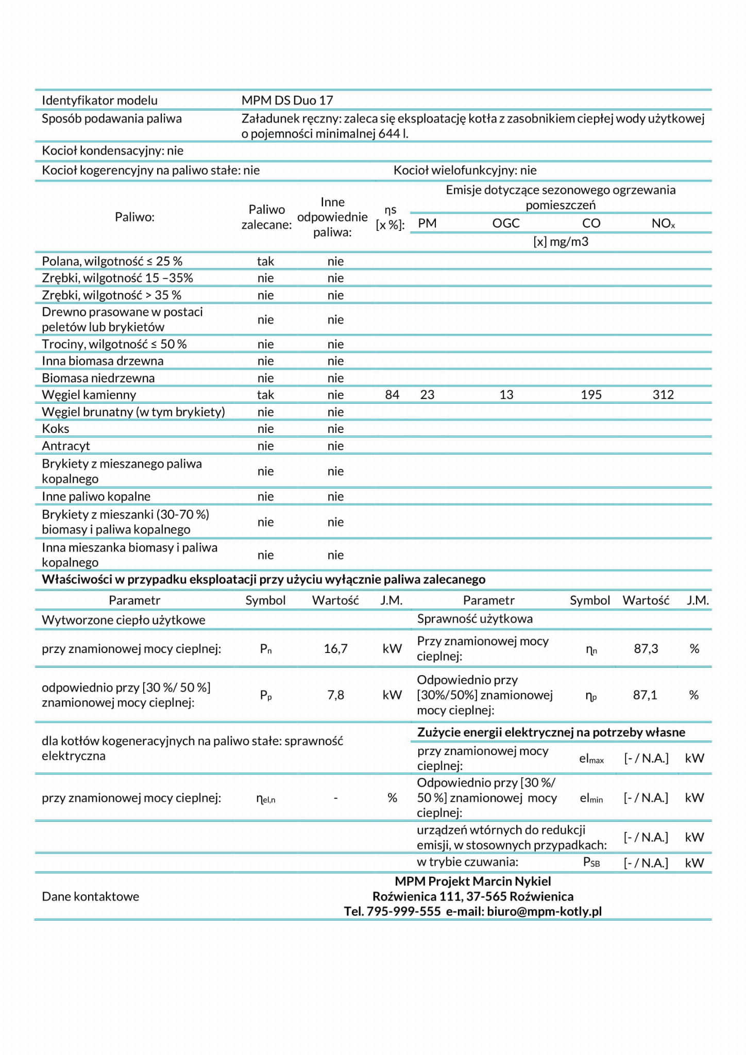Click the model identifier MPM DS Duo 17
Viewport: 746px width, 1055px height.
click(x=287, y=101)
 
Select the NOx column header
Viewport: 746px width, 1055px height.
click(x=663, y=223)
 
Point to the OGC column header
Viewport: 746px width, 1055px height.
click(x=506, y=223)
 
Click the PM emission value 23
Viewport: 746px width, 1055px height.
click(x=427, y=395)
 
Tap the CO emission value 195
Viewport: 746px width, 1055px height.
click(x=591, y=395)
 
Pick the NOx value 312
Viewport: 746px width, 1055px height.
click(x=663, y=395)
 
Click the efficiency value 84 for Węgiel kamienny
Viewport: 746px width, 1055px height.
click(x=392, y=395)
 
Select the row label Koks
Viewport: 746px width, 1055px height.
click(x=56, y=429)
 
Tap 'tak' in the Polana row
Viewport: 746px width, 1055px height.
click(x=265, y=261)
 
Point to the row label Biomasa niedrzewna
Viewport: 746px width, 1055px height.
click(x=98, y=378)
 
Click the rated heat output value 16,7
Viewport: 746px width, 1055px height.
click(x=335, y=649)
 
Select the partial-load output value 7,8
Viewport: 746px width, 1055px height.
click(x=335, y=695)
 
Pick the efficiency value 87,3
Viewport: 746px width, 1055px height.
click(x=646, y=649)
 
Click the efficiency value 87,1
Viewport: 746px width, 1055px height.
click(x=645, y=695)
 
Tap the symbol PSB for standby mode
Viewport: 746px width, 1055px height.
click(x=591, y=862)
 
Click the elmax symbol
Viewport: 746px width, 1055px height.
click(x=591, y=759)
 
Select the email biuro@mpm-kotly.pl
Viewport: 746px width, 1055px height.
click(x=544, y=911)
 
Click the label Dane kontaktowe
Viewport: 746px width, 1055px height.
click(x=90, y=896)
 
